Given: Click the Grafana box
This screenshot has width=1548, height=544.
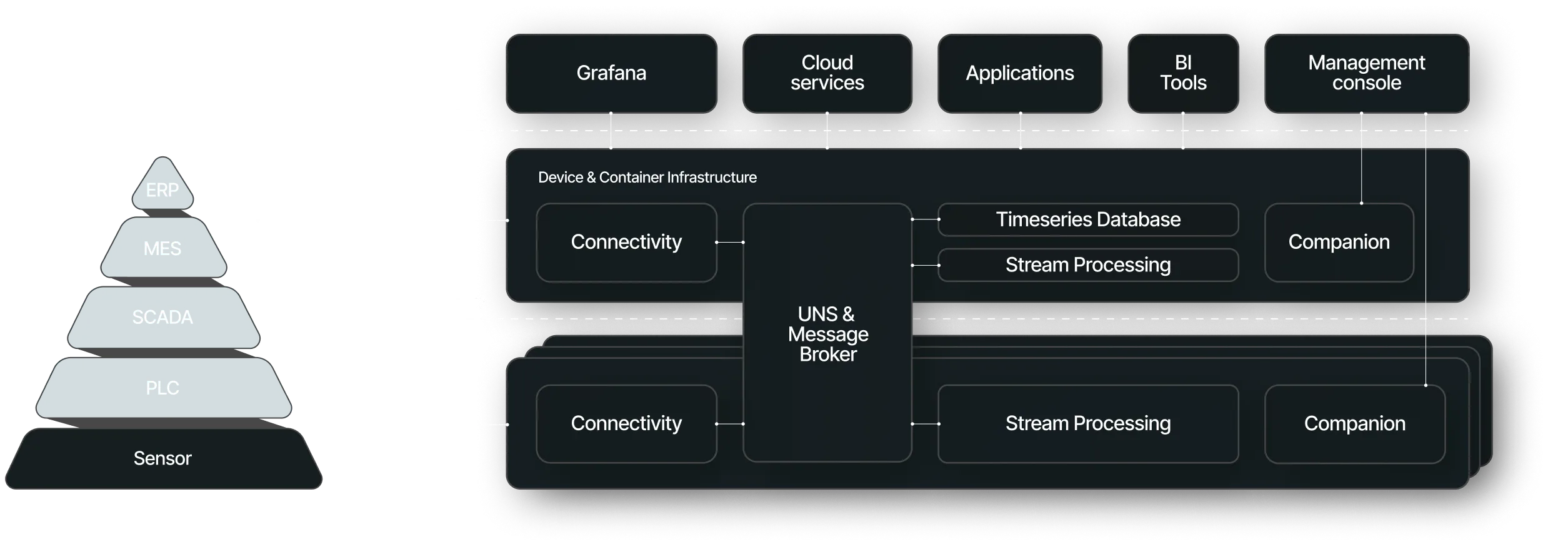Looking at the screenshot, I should (x=611, y=73).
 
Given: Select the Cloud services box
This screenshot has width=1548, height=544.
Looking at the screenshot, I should (x=827, y=73).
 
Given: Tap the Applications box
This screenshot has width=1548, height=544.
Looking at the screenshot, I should (x=1019, y=73).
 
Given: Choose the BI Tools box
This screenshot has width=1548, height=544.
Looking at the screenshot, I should (x=1182, y=73).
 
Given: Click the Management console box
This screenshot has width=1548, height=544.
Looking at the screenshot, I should (x=1366, y=73).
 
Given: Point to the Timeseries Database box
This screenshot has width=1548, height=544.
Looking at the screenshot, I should (x=1087, y=219).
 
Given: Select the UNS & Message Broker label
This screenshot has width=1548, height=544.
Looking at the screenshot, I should (x=827, y=335).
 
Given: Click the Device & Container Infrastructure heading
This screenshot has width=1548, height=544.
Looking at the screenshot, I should (x=647, y=178).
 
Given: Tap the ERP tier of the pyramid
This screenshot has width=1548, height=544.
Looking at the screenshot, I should (x=162, y=190).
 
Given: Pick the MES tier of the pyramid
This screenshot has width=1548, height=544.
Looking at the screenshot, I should (x=162, y=249).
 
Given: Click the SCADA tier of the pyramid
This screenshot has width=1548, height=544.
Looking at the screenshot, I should (x=162, y=318).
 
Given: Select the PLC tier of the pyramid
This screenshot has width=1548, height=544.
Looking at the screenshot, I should (x=162, y=388).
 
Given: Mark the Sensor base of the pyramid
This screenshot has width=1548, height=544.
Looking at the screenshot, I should (x=162, y=459).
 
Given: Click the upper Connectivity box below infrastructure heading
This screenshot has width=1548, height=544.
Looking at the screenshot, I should (x=626, y=242).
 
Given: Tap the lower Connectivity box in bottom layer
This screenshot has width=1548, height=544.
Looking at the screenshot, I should (x=626, y=424).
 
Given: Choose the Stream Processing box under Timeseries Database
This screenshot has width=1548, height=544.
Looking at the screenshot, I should (x=1087, y=265).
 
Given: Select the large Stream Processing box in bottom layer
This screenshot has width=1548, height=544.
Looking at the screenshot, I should (x=1087, y=424).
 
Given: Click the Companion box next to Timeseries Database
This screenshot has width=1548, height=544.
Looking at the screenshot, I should (x=1339, y=242).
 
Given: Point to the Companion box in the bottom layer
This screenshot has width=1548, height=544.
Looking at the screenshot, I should (x=1354, y=424).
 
